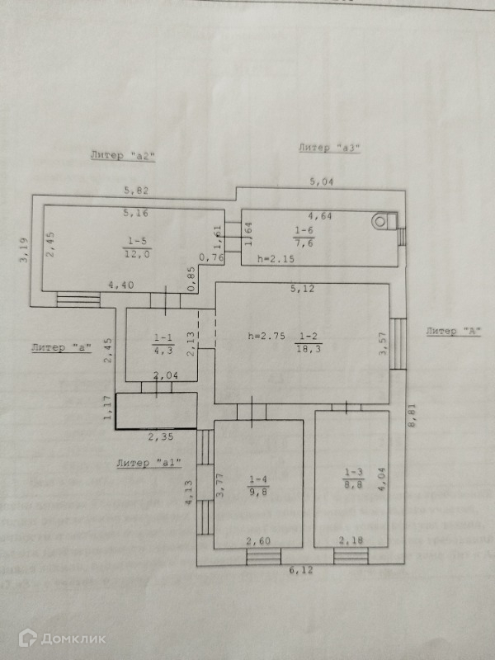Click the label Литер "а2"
click(x=123, y=154)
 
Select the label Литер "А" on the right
click(x=454, y=331)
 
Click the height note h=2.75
click(x=266, y=336)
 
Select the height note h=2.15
click(x=274, y=258)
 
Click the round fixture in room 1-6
click(x=380, y=220)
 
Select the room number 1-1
click(x=163, y=337)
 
